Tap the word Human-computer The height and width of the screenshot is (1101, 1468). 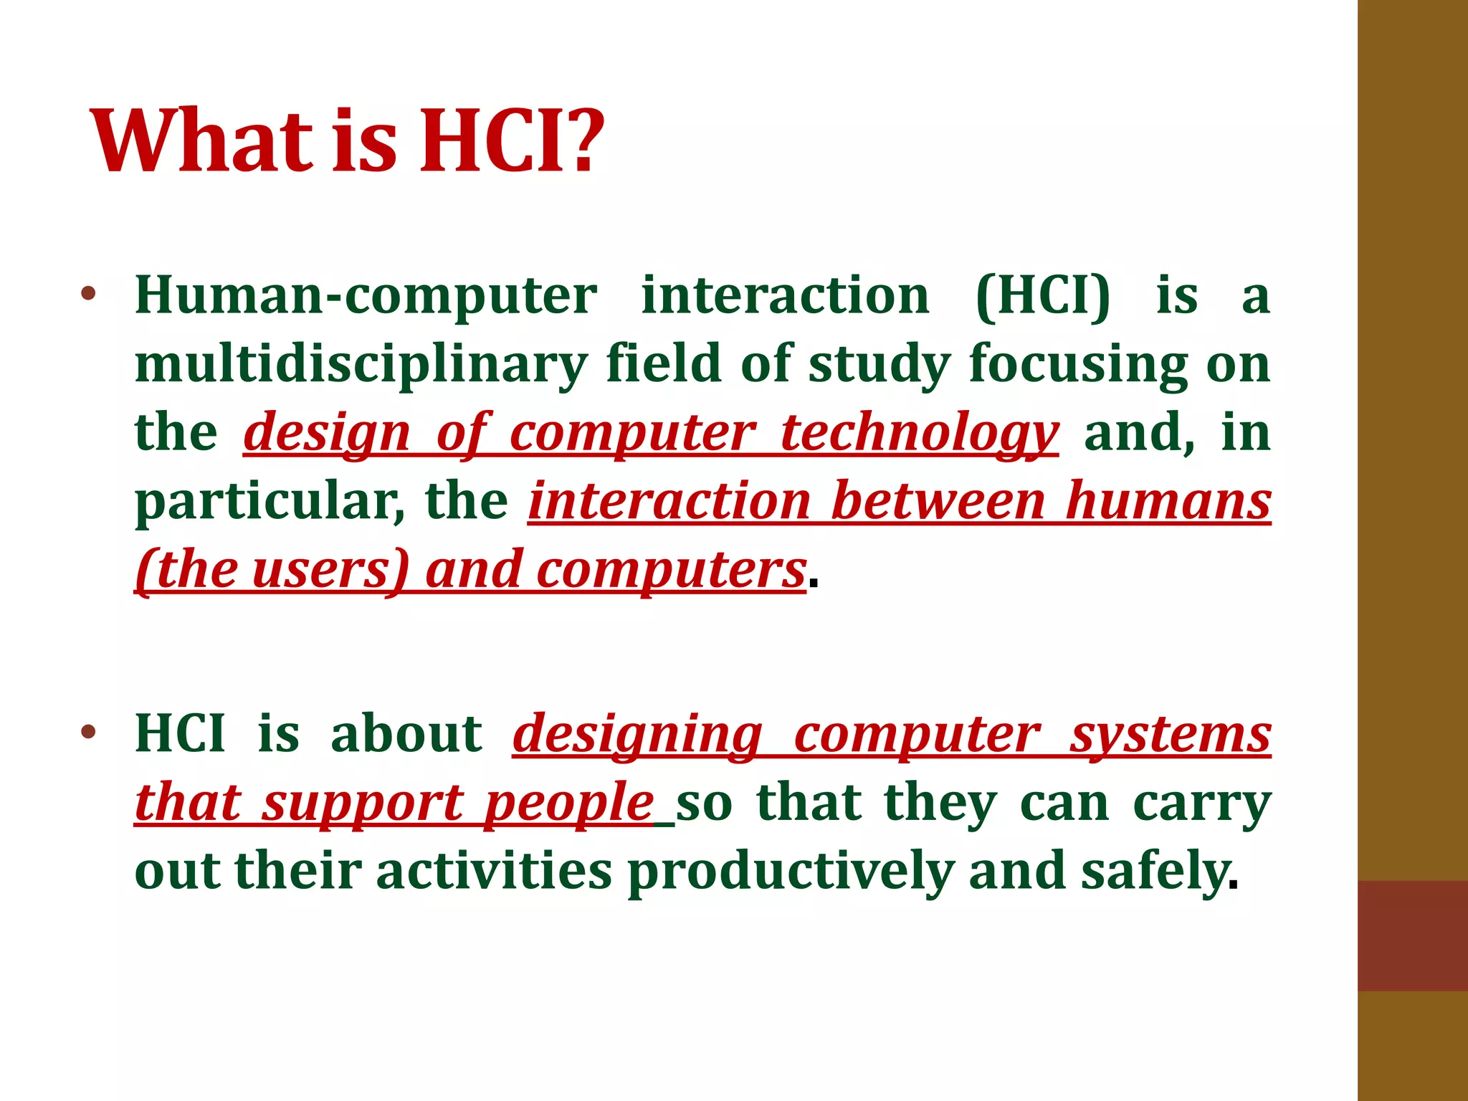click(366, 296)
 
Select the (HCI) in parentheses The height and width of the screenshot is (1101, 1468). click(1043, 296)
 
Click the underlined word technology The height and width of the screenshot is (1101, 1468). click(919, 433)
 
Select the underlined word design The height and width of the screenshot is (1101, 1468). click(327, 433)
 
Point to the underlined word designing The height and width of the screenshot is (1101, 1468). click(638, 735)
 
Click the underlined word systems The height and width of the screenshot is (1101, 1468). click(1171, 735)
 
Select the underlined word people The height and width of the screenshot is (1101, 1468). click(568, 804)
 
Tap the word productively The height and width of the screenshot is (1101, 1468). click(791, 872)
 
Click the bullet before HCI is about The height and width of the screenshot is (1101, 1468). click(87, 733)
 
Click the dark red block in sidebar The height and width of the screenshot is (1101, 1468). click(1412, 935)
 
